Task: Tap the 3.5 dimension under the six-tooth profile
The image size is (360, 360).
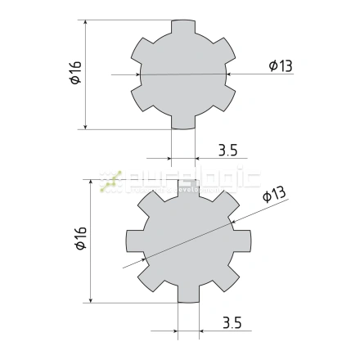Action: coord(228,150)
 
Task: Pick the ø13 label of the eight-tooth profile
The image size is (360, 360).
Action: coord(273,195)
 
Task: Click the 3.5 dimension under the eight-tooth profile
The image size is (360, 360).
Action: coord(232,324)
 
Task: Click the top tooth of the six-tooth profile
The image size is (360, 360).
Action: coord(183,29)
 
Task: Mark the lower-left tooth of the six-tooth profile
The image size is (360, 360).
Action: coord(144,97)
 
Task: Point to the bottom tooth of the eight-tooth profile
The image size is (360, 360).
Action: coord(188,294)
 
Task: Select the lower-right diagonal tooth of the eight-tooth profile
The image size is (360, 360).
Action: coord(227,278)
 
